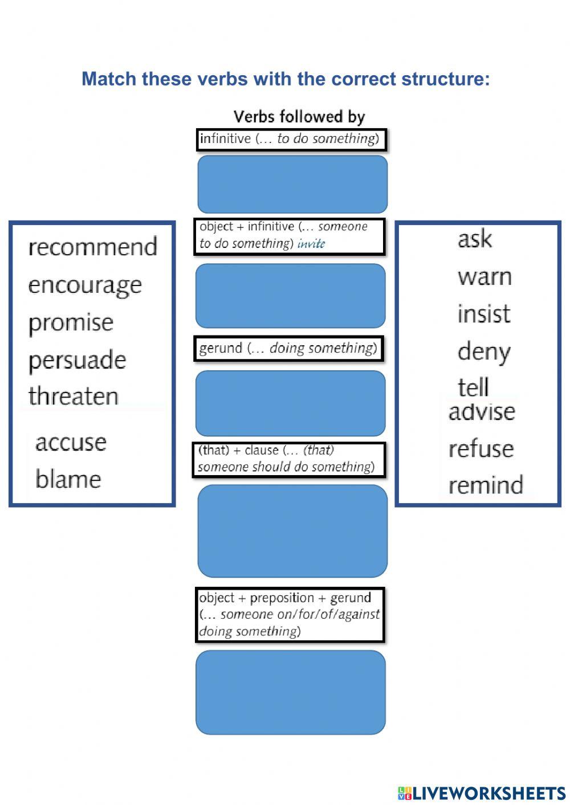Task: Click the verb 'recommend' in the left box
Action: point(92,247)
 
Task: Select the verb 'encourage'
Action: point(85,285)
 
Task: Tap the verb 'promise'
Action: point(71,323)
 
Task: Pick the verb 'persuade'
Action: point(77,360)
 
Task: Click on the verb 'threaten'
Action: point(74,397)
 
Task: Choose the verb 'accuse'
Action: point(71,442)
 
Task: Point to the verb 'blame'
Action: point(68,479)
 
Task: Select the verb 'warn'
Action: point(484,277)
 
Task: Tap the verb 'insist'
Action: point(484,314)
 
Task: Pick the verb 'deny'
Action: point(483,352)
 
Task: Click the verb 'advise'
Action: point(482,411)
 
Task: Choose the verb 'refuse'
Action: point(481,449)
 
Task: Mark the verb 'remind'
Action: point(486,485)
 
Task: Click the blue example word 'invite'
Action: point(311,244)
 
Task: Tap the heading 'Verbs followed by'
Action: point(299,117)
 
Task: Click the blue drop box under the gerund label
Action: point(290,403)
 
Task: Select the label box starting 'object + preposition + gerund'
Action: point(290,614)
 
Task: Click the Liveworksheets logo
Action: point(482,792)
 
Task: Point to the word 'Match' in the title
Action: point(109,79)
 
